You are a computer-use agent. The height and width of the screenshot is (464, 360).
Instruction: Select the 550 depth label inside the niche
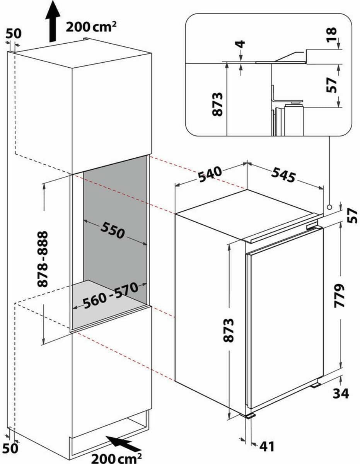pyautogui.click(x=113, y=230)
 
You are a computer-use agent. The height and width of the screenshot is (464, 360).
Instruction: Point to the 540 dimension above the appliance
pyautogui.click(x=210, y=175)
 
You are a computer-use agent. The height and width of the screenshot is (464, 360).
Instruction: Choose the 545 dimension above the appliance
pyautogui.click(x=283, y=175)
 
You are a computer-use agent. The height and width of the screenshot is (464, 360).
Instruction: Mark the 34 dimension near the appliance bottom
pyautogui.click(x=340, y=393)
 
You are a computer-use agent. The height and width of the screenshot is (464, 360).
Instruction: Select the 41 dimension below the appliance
pyautogui.click(x=267, y=446)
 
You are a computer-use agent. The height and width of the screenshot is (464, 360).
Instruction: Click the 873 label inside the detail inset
pyautogui.click(x=218, y=104)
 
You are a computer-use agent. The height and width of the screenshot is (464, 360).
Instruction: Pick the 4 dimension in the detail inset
pyautogui.click(x=241, y=44)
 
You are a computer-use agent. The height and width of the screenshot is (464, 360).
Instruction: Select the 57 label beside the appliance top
pyautogui.click(x=351, y=215)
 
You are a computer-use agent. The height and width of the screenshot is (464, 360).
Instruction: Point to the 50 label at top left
pyautogui.click(x=13, y=34)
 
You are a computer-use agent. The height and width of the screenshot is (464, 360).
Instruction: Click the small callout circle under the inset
pyautogui.click(x=329, y=207)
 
